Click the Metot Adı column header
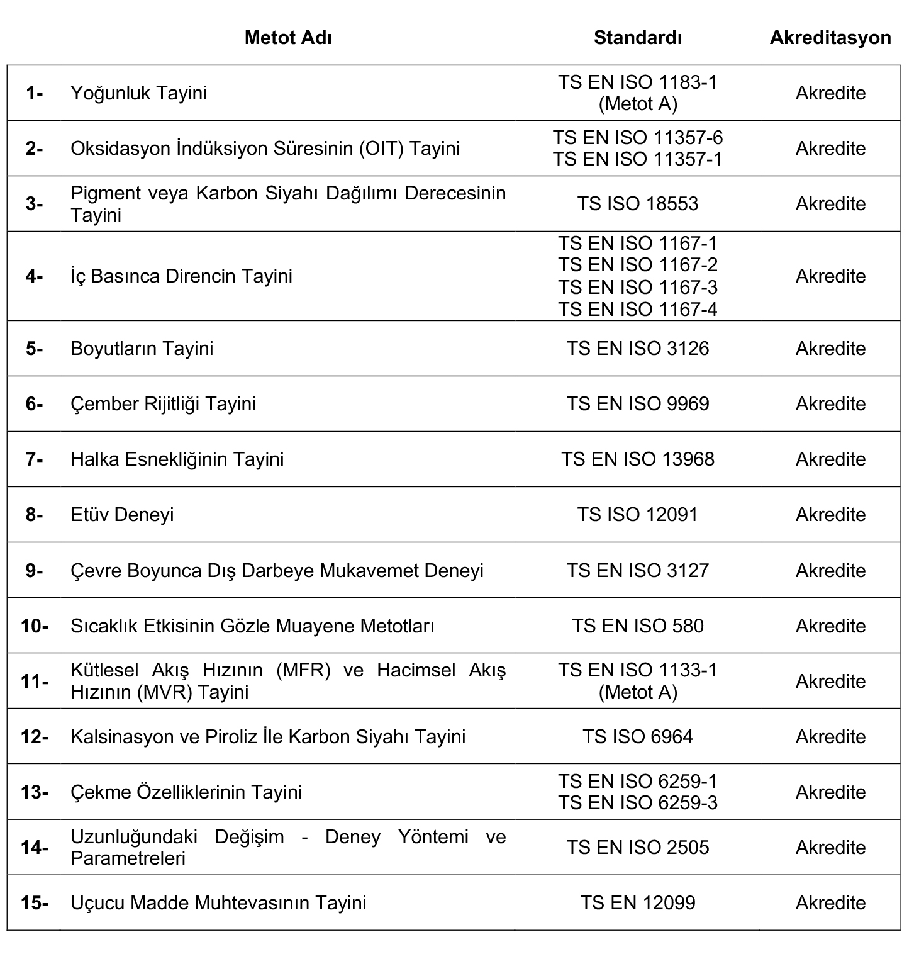point(288,38)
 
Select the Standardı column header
point(637,38)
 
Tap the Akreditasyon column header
point(830,38)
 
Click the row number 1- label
point(34,93)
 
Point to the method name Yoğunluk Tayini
point(138,93)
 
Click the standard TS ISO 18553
point(637,204)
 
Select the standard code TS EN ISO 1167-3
point(637,287)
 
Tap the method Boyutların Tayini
point(142,349)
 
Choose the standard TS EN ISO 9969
point(637,404)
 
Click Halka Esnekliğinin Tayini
point(177,459)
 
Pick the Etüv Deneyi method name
point(122,515)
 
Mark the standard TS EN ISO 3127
point(637,571)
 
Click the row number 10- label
point(34,626)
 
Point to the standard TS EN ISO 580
point(637,626)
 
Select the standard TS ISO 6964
point(637,737)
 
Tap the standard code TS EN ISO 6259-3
point(637,803)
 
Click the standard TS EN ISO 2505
point(637,848)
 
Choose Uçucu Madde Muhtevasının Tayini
point(218,903)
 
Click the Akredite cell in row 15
point(830,903)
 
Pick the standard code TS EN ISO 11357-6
point(637,137)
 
